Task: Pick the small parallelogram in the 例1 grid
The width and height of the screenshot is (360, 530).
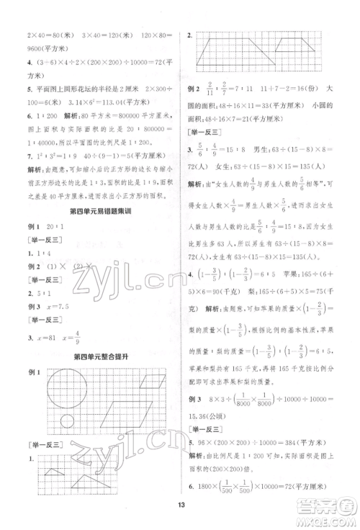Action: coord(155,377)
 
